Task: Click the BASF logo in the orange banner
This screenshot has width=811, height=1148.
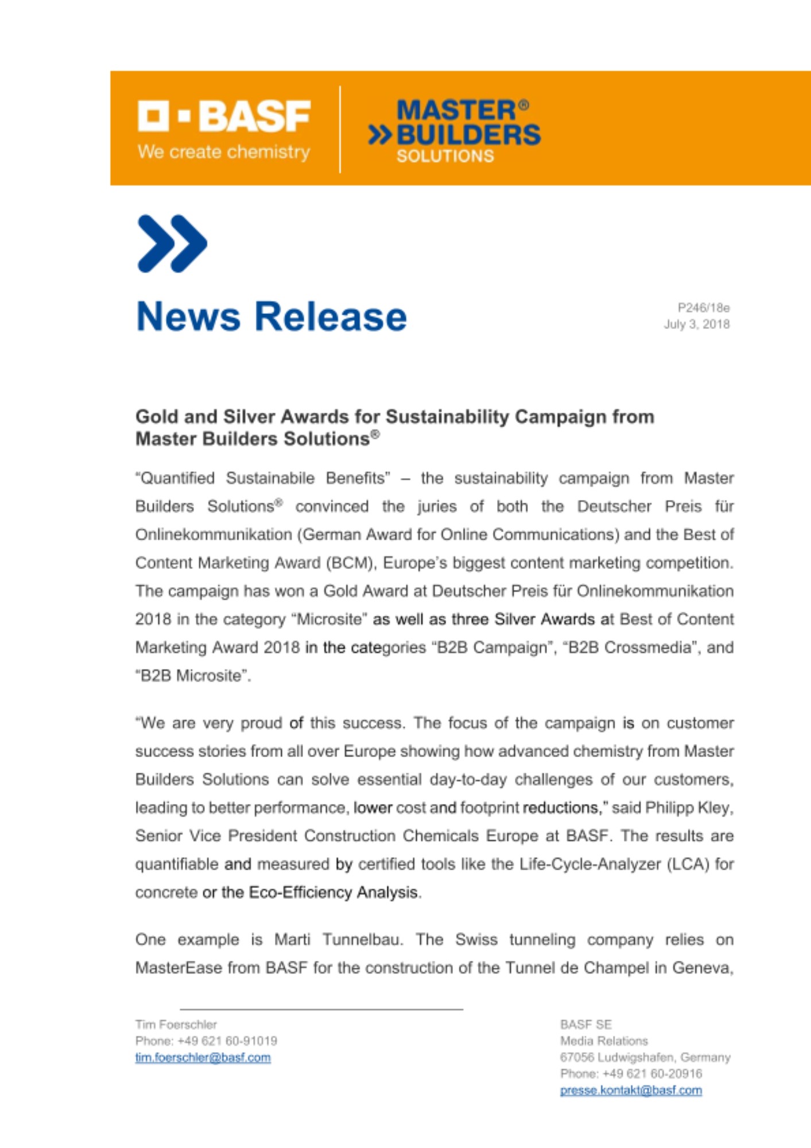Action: (224, 116)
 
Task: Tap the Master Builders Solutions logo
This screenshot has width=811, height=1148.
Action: (455, 131)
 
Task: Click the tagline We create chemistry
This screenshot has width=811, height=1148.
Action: (224, 152)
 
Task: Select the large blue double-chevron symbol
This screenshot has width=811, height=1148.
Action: (172, 243)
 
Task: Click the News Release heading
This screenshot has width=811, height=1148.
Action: (271, 316)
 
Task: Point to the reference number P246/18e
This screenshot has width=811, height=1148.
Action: (703, 308)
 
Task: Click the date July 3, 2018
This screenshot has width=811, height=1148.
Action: (697, 324)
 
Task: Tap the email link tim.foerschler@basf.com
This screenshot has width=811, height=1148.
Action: (203, 1057)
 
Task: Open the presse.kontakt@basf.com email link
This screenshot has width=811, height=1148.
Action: (631, 1090)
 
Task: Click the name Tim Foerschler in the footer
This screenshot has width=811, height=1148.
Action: (176, 1025)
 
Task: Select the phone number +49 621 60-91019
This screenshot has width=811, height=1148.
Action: (227, 1041)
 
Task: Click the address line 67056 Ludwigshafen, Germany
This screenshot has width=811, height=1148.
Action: (645, 1057)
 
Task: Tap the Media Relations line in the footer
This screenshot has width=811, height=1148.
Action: (604, 1041)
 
